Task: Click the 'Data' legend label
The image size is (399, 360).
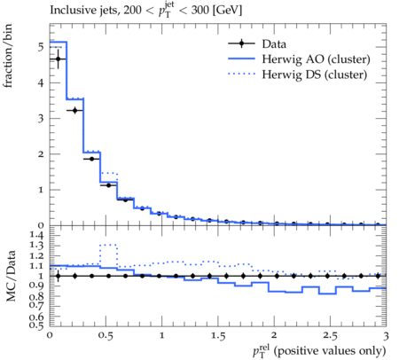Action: coord(274,44)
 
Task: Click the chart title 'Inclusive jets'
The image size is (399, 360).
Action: coord(84,10)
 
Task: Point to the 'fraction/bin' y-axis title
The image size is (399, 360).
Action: coord(8,56)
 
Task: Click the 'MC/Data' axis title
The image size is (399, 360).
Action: coord(11,276)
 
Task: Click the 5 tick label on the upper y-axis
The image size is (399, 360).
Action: coord(41,47)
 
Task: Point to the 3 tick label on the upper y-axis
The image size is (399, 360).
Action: coord(41,119)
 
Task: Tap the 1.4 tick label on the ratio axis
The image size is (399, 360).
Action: coord(36,235)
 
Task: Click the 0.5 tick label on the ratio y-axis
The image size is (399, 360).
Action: coord(36,325)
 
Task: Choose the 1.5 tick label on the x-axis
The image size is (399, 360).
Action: coord(218,336)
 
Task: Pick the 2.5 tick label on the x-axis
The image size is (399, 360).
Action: coord(330,336)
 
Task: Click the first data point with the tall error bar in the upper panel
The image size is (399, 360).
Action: coord(58,59)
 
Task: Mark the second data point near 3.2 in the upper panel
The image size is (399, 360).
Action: coord(74,110)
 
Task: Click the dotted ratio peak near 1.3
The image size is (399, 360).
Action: coord(108,245)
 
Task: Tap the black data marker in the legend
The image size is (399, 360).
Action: coord(241,43)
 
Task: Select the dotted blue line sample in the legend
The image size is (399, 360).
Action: coord(241,74)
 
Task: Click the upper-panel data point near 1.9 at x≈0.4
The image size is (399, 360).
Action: coord(91,159)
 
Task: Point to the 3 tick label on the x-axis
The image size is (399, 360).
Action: coord(386,336)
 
